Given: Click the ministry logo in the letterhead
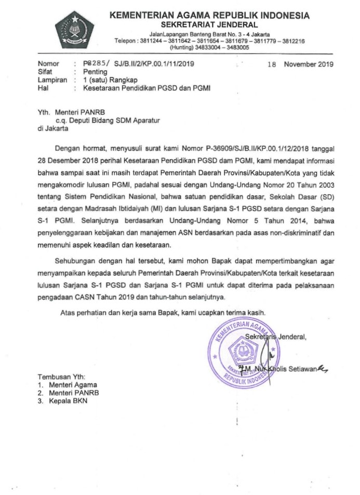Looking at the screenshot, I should click(75, 30).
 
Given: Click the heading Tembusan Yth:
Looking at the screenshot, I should click(61, 376).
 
